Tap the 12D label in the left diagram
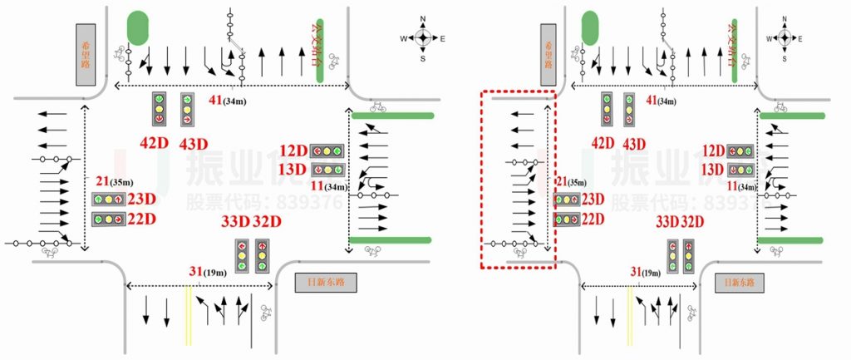[293, 151]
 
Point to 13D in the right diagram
[711, 170]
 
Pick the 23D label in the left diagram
[142, 200]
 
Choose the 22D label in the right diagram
[593, 219]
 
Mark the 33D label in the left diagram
[235, 222]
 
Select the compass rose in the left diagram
[423, 37]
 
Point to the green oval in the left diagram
[136, 28]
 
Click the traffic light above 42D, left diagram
[158, 110]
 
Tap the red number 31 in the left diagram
[196, 271]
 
